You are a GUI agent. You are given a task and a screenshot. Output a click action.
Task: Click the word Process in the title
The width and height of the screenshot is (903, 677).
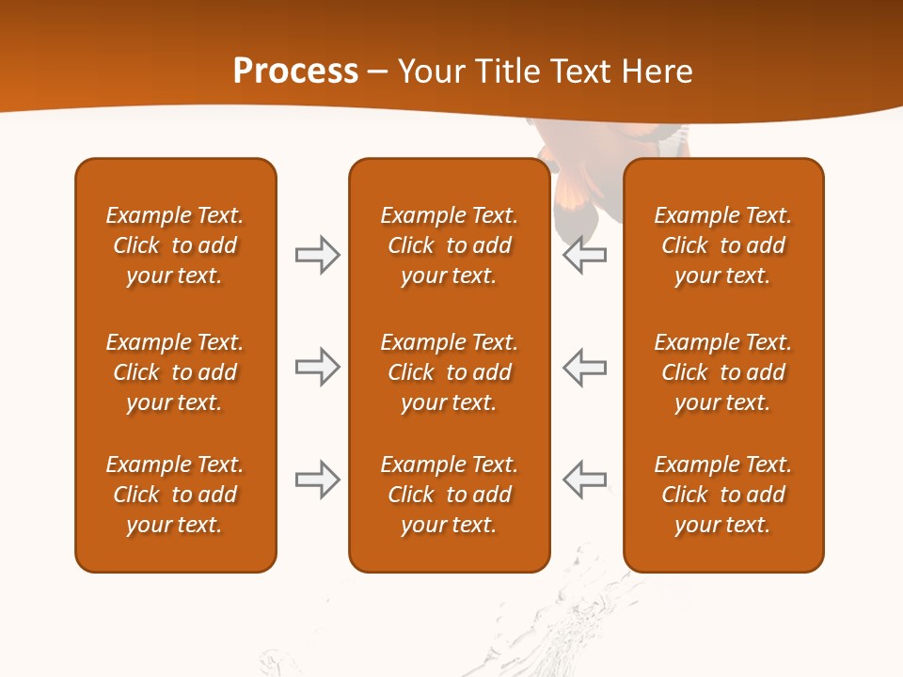click(x=295, y=71)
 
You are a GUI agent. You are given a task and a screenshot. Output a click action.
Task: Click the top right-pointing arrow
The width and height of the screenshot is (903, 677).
click(x=317, y=255)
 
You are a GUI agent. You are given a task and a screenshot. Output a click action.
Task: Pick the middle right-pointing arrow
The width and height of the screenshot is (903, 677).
click(x=317, y=367)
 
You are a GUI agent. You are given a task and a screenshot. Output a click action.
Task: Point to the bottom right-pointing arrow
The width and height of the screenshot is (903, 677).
click(x=317, y=480)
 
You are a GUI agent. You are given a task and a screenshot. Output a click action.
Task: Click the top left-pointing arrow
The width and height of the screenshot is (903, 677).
click(x=585, y=255)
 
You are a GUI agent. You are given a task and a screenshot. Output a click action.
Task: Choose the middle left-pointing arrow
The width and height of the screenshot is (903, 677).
click(x=585, y=367)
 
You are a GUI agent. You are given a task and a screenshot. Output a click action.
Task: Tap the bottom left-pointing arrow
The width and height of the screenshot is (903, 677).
click(x=585, y=480)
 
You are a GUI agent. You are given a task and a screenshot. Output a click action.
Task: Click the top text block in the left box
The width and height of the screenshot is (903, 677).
click(x=175, y=245)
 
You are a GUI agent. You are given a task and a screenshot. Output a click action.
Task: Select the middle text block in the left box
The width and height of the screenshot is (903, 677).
click(x=175, y=372)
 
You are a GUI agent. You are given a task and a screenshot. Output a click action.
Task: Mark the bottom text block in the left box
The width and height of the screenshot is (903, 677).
click(x=175, y=495)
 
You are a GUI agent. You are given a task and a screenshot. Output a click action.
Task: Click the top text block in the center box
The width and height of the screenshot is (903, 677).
click(x=449, y=245)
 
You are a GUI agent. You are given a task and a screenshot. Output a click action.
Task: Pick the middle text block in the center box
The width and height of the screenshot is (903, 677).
click(x=449, y=372)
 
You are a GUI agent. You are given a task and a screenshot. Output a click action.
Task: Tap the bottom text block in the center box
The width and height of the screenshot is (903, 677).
click(x=449, y=495)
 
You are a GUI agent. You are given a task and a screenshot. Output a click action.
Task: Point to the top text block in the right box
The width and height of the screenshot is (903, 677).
click(x=722, y=245)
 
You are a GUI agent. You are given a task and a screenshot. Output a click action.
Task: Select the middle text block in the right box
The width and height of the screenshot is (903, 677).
click(x=722, y=372)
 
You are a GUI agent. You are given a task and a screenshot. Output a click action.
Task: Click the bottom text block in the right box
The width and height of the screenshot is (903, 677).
click(x=722, y=495)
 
